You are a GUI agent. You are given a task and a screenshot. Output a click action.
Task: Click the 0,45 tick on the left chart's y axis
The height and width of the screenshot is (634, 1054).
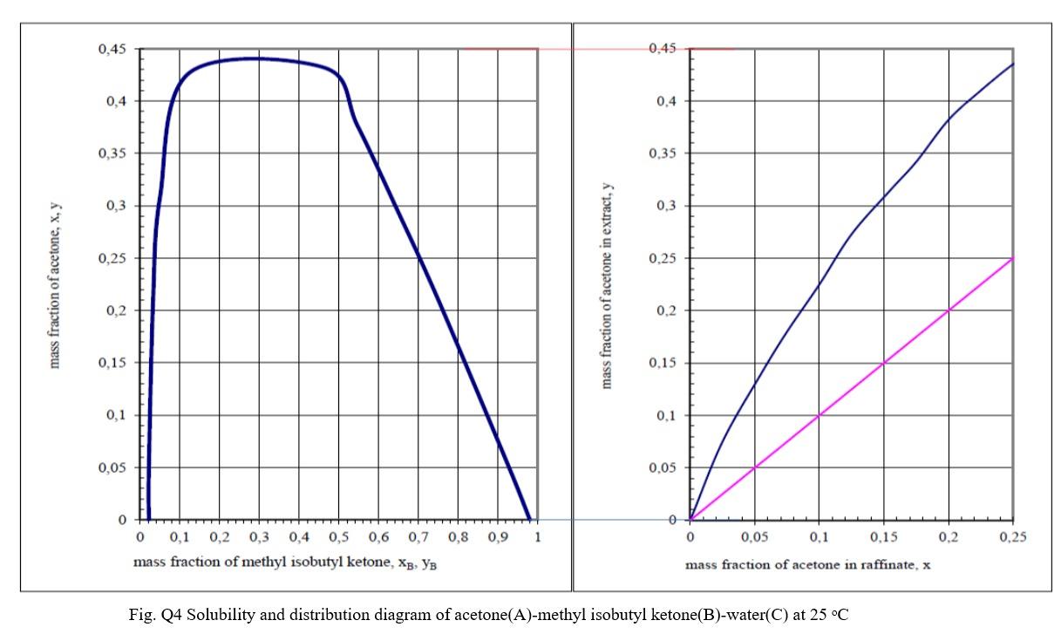(114, 50)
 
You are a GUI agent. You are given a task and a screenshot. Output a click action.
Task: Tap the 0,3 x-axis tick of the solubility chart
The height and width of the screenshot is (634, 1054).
(259, 536)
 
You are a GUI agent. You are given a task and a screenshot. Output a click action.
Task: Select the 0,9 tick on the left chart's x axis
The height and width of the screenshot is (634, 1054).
(498, 536)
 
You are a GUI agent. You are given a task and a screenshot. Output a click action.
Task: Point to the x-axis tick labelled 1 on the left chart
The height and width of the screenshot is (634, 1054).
(538, 536)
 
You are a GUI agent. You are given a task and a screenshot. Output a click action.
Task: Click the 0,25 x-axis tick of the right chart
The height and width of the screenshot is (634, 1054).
(1013, 537)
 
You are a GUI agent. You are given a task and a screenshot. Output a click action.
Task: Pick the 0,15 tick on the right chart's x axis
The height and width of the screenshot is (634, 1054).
(883, 537)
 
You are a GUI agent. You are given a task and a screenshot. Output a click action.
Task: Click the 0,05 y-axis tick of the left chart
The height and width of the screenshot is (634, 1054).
(114, 467)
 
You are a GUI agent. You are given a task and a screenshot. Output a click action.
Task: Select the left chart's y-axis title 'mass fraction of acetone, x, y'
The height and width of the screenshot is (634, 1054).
(56, 286)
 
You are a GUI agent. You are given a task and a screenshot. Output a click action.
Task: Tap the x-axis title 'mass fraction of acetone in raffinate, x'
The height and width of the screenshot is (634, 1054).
(807, 565)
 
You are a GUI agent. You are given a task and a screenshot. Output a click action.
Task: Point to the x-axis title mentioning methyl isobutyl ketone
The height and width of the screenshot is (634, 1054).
(285, 563)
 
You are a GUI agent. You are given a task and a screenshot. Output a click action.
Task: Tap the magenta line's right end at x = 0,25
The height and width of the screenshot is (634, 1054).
(1013, 258)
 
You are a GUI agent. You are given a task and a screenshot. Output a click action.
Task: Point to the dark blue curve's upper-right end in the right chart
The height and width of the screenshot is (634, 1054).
(1013, 64)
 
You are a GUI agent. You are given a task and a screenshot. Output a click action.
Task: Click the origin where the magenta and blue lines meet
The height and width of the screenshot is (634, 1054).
(690, 520)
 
